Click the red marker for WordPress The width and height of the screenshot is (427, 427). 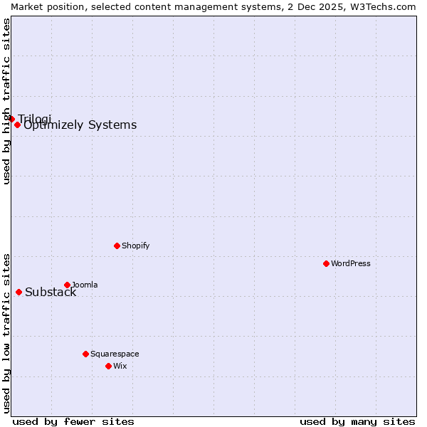pyautogui.click(x=326, y=263)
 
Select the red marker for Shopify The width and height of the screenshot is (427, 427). pyautogui.click(x=117, y=246)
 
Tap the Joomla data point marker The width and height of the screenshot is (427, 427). pyautogui.click(x=67, y=285)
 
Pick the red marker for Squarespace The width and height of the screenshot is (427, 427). pyautogui.click(x=85, y=354)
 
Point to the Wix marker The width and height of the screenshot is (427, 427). pyautogui.click(x=108, y=366)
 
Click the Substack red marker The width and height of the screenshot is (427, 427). pyautogui.click(x=19, y=292)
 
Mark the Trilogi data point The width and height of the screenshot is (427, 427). pyautogui.click(x=11, y=119)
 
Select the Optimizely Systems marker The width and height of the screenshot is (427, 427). pyautogui.click(x=17, y=125)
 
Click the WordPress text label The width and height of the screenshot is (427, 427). pyautogui.click(x=351, y=263)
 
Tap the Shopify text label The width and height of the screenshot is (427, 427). pyautogui.click(x=135, y=246)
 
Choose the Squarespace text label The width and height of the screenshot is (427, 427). pyautogui.click(x=115, y=354)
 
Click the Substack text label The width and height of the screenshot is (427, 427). pyautogui.click(x=51, y=292)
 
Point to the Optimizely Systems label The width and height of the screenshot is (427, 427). pyautogui.click(x=80, y=125)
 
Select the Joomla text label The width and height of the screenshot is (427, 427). pyautogui.click(x=85, y=285)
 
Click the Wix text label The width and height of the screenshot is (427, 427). pyautogui.click(x=120, y=366)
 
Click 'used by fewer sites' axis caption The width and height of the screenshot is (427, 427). pyautogui.click(x=73, y=421)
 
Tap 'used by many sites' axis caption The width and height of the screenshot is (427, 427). pyautogui.click(x=357, y=421)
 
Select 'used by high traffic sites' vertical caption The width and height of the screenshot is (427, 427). pyautogui.click(x=6, y=101)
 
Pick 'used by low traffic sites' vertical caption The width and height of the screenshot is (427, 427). pyautogui.click(x=6, y=333)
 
